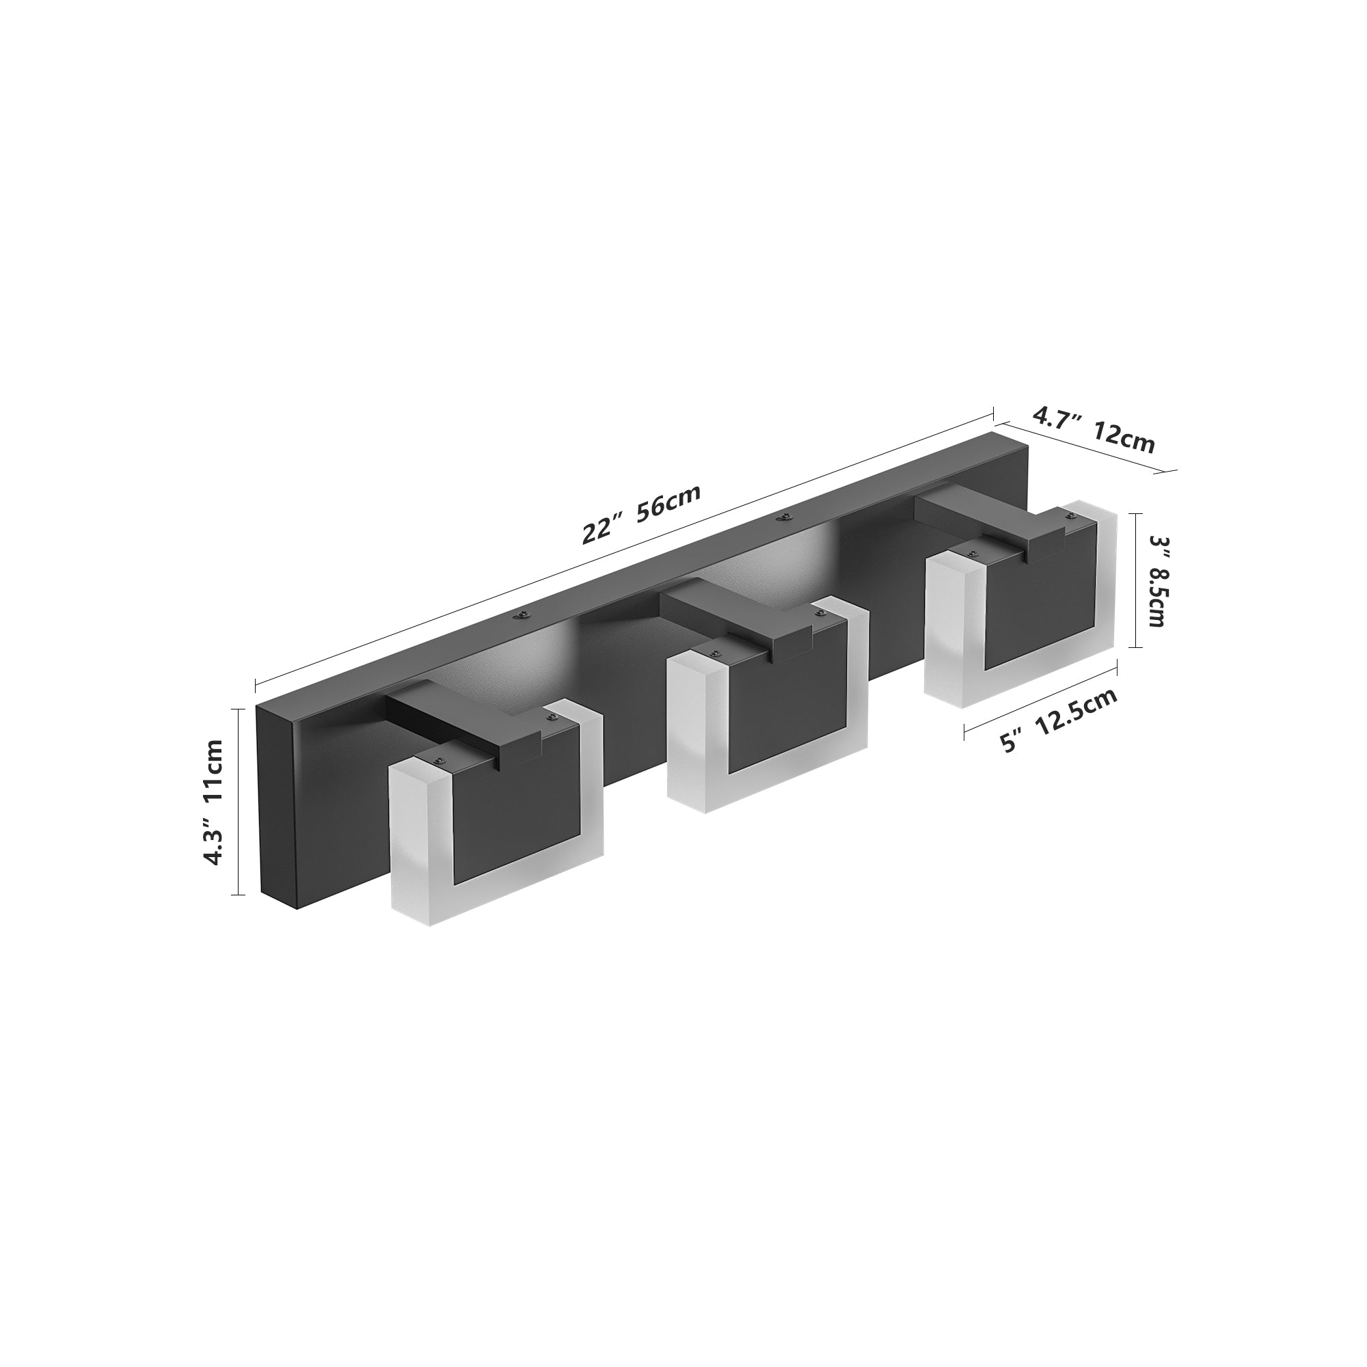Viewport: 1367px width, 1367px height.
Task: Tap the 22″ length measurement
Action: [602, 530]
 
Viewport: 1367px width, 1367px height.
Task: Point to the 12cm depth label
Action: [1124, 440]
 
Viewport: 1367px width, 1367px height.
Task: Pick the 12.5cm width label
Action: [1079, 708]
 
